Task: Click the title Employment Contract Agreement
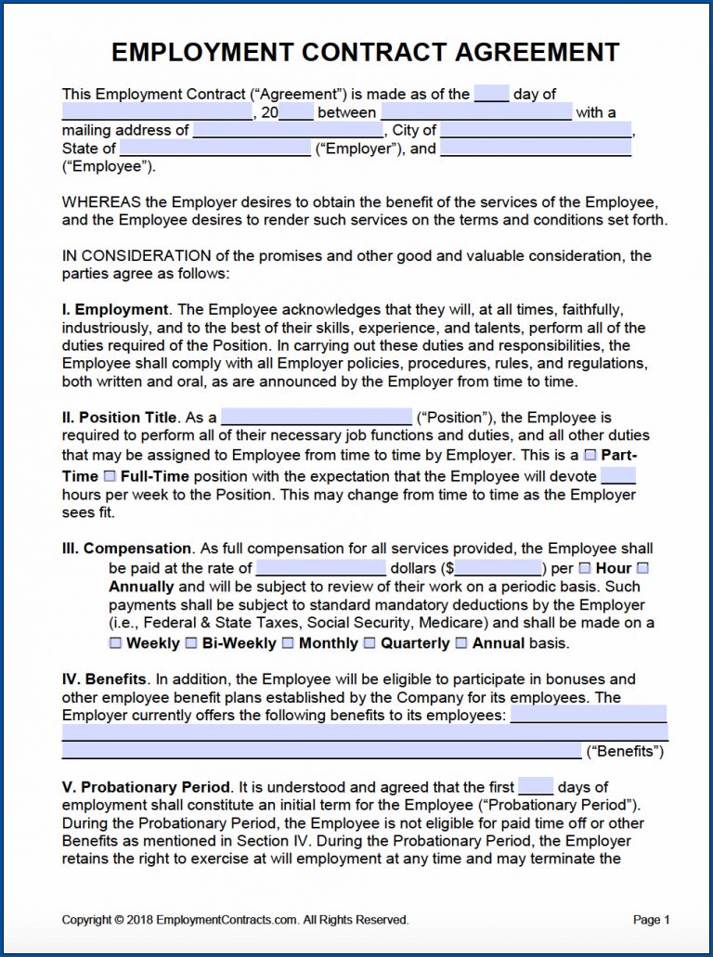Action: (x=365, y=52)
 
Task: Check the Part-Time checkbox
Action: (x=590, y=455)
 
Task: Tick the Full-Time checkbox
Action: (x=110, y=476)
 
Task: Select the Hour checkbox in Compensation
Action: (x=585, y=568)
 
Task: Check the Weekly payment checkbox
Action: (x=115, y=642)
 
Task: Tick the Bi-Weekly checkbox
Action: (x=191, y=642)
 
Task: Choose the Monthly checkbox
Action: (x=288, y=642)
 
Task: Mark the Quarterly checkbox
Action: (x=369, y=642)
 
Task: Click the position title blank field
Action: (x=317, y=417)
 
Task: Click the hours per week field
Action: (x=618, y=475)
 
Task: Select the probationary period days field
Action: (x=536, y=786)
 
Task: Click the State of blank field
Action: (x=215, y=149)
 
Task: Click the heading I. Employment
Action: (x=115, y=309)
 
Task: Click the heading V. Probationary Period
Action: (x=147, y=787)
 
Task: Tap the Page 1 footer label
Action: (x=651, y=920)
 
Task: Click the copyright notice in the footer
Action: (x=235, y=920)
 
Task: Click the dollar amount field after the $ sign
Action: (x=499, y=568)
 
